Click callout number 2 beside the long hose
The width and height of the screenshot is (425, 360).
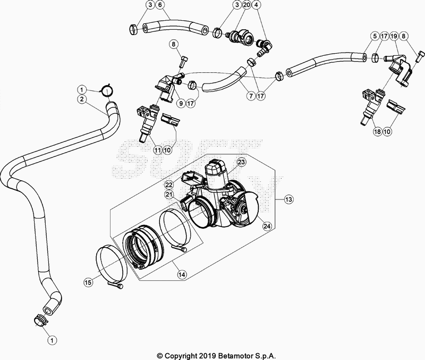click(x=81, y=99)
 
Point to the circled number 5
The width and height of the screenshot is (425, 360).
click(x=375, y=37)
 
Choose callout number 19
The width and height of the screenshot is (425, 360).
click(x=394, y=37)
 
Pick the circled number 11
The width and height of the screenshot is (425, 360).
click(x=157, y=150)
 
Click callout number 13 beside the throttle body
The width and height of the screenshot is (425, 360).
click(x=288, y=199)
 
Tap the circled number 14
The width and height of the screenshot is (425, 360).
click(x=182, y=275)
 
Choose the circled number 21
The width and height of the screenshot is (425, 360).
click(x=169, y=195)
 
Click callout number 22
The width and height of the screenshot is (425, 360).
click(x=169, y=184)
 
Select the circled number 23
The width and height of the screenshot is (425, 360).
click(x=241, y=162)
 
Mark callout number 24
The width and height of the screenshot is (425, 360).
click(x=267, y=225)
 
